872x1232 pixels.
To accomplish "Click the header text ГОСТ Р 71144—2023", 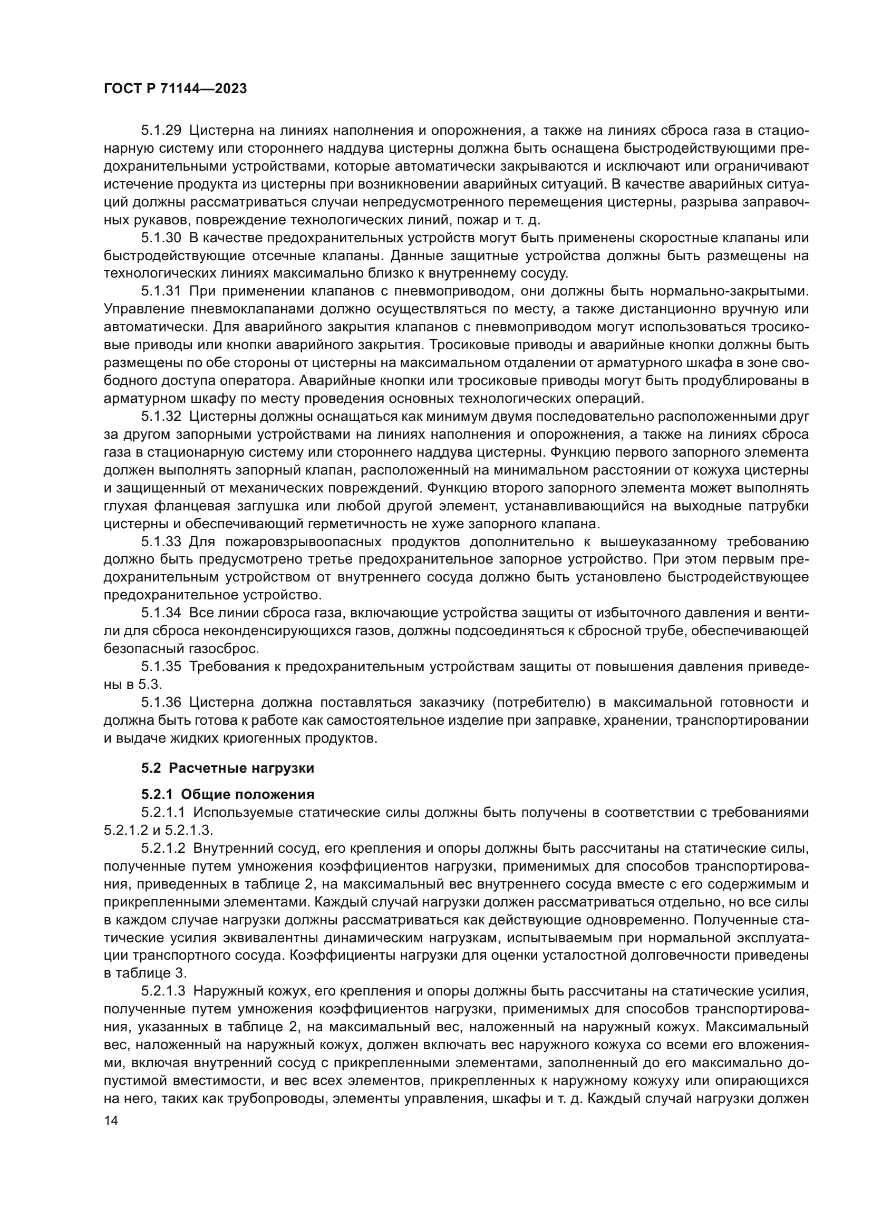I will point(175,89).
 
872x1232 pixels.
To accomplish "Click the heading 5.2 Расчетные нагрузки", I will point(228,768).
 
